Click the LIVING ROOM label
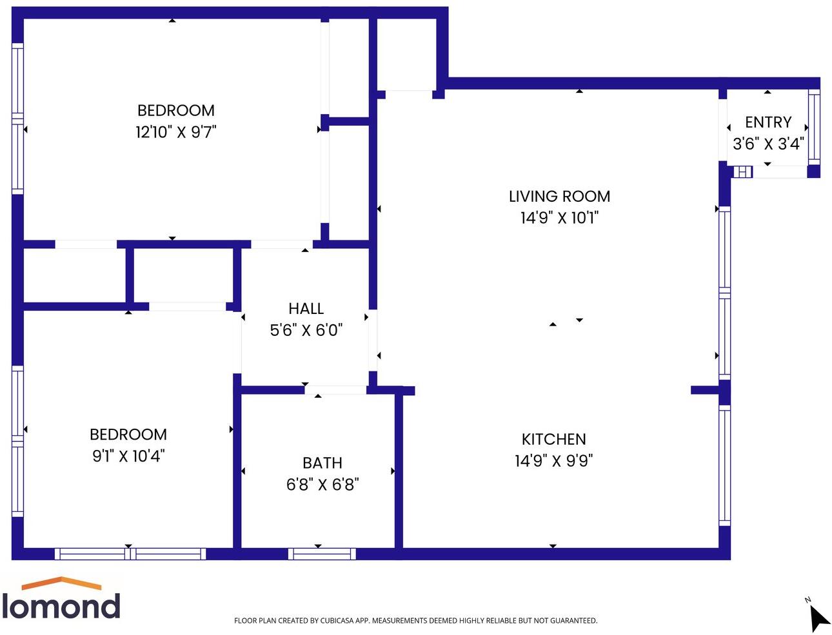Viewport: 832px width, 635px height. coord(559,196)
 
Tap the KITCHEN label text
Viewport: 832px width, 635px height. coord(553,439)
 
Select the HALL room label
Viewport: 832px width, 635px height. coord(306,308)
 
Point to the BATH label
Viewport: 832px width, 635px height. coord(322,463)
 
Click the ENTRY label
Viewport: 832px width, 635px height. coord(768,122)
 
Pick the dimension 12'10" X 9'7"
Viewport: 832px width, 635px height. coord(175,132)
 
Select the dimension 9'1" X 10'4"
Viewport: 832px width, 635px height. coord(128,456)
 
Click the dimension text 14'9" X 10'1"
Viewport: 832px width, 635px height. coord(559,218)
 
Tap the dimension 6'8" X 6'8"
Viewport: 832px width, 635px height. coord(322,484)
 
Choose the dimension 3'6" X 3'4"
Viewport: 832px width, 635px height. coord(768,144)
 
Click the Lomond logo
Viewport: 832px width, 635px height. coord(61,599)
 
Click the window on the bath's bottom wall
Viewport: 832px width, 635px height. coord(322,554)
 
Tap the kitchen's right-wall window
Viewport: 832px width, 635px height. coord(724,464)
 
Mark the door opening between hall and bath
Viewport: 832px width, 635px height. coord(335,390)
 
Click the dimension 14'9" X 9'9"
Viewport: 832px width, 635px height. coord(553,461)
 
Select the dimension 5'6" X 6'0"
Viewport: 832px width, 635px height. coord(306,330)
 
